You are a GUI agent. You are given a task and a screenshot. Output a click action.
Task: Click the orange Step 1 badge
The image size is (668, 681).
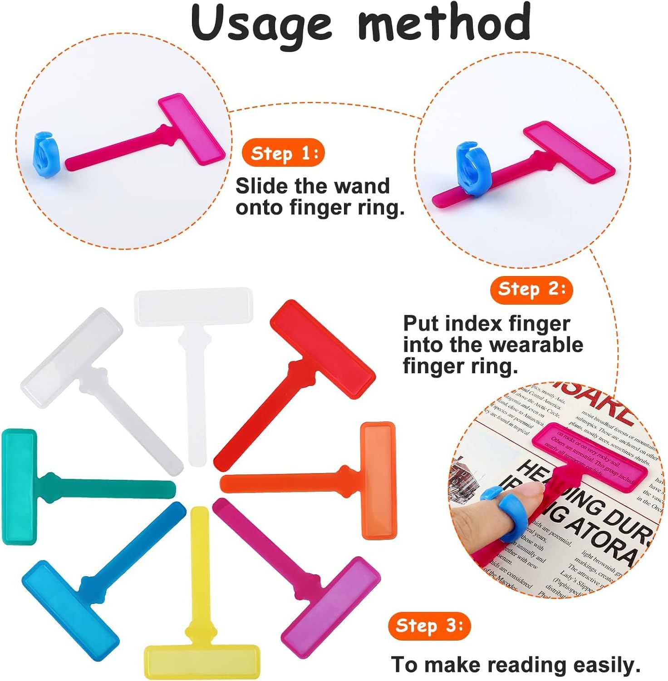pyautogui.click(x=283, y=153)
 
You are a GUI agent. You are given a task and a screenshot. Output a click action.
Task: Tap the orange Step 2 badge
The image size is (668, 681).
pyautogui.click(x=531, y=289)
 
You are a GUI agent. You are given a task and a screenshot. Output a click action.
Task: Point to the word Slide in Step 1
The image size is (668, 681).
pyautogui.click(x=262, y=186)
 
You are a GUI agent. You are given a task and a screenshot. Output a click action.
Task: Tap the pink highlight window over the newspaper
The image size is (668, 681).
pyautogui.click(x=590, y=454)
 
